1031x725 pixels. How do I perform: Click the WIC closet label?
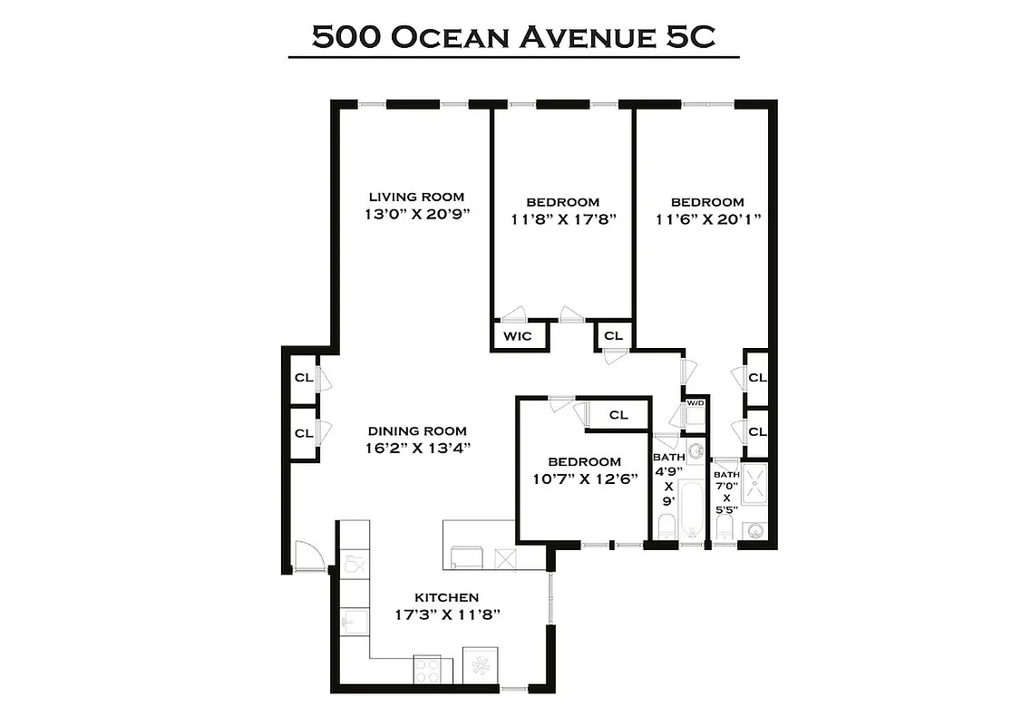[x=518, y=336]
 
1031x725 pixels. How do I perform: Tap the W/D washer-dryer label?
[x=695, y=402]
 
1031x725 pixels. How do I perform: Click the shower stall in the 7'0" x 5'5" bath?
[x=754, y=488]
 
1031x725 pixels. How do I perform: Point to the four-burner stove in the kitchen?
[x=427, y=671]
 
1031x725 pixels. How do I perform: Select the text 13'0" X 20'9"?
[x=416, y=217]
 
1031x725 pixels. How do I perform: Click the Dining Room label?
[x=417, y=431]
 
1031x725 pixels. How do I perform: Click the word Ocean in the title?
[x=454, y=37]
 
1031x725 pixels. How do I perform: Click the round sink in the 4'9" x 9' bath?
[x=695, y=450]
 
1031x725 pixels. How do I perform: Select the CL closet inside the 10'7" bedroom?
[x=618, y=415]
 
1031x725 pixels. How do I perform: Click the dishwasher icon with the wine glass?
[x=355, y=565]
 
